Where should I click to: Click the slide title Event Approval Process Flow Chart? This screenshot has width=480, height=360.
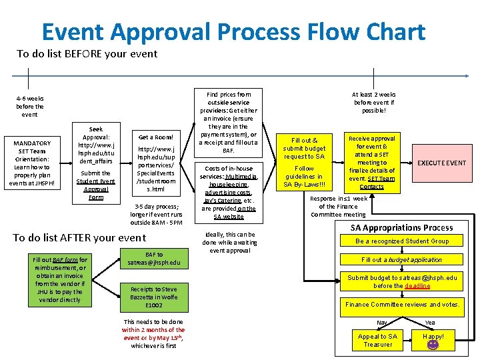tap(233, 31)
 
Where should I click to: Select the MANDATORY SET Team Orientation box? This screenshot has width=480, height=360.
tap(32, 163)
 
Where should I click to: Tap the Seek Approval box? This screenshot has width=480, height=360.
tap(96, 163)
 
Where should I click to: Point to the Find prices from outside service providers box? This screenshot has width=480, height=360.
tap(229, 123)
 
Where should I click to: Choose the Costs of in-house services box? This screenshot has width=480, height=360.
tap(229, 192)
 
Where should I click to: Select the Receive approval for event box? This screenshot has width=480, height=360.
tap(372, 162)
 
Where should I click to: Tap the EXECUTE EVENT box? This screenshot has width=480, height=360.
tap(441, 163)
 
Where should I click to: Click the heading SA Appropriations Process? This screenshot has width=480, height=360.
tap(401, 228)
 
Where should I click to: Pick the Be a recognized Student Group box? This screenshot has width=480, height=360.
tap(402, 241)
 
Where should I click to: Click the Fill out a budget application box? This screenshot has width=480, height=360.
tap(402, 260)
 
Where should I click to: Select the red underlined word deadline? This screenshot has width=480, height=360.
tap(417, 286)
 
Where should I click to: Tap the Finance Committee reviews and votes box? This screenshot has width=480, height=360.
tap(402, 305)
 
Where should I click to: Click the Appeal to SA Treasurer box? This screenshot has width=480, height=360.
tap(377, 341)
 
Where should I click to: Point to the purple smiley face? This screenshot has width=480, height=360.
tap(433, 345)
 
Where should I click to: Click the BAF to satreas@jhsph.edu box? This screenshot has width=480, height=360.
tap(154, 259)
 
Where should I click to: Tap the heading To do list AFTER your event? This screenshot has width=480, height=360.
tap(79, 237)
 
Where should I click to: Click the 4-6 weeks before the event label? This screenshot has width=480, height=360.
tap(30, 106)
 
